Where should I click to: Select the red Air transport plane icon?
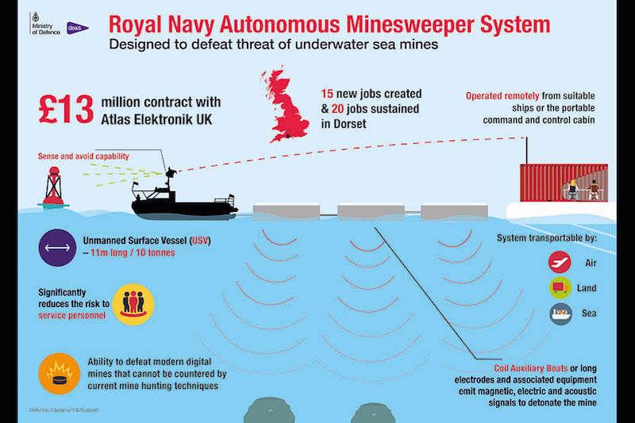(x=560, y=262)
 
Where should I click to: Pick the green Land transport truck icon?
(x=560, y=288)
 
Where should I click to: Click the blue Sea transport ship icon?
(x=560, y=313)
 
